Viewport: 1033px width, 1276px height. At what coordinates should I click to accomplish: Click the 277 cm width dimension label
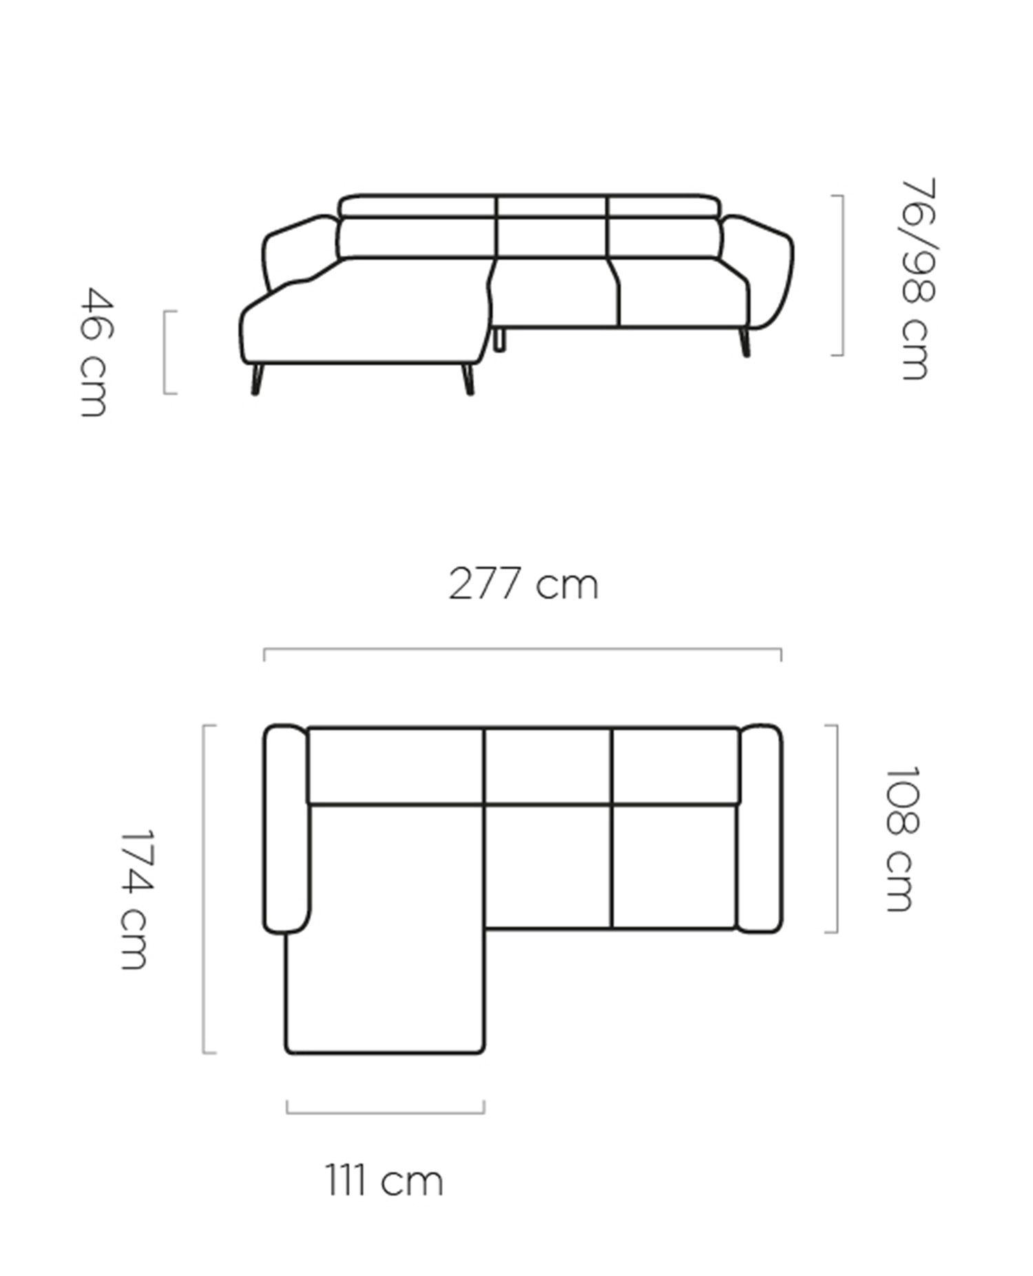(x=523, y=584)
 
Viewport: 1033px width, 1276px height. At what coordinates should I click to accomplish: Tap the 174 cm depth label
(x=133, y=899)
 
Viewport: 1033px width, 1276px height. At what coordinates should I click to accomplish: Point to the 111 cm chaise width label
(x=384, y=1181)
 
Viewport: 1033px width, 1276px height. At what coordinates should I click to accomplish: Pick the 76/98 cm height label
(x=917, y=279)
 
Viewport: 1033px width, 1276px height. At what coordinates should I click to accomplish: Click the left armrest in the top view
(x=286, y=829)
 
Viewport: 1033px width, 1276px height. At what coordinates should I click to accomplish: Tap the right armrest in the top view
(x=759, y=829)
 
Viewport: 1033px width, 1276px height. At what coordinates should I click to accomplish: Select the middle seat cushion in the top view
(x=547, y=866)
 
